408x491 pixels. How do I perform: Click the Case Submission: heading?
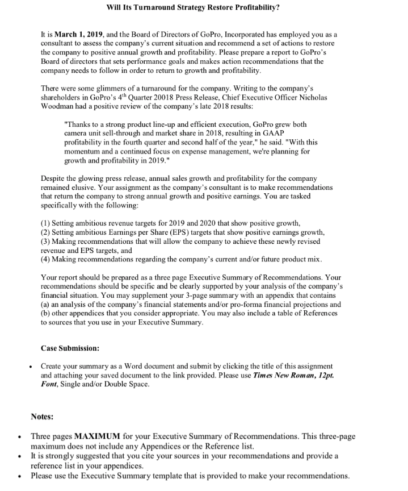click(70, 347)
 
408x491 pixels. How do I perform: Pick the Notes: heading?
click(42, 417)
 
